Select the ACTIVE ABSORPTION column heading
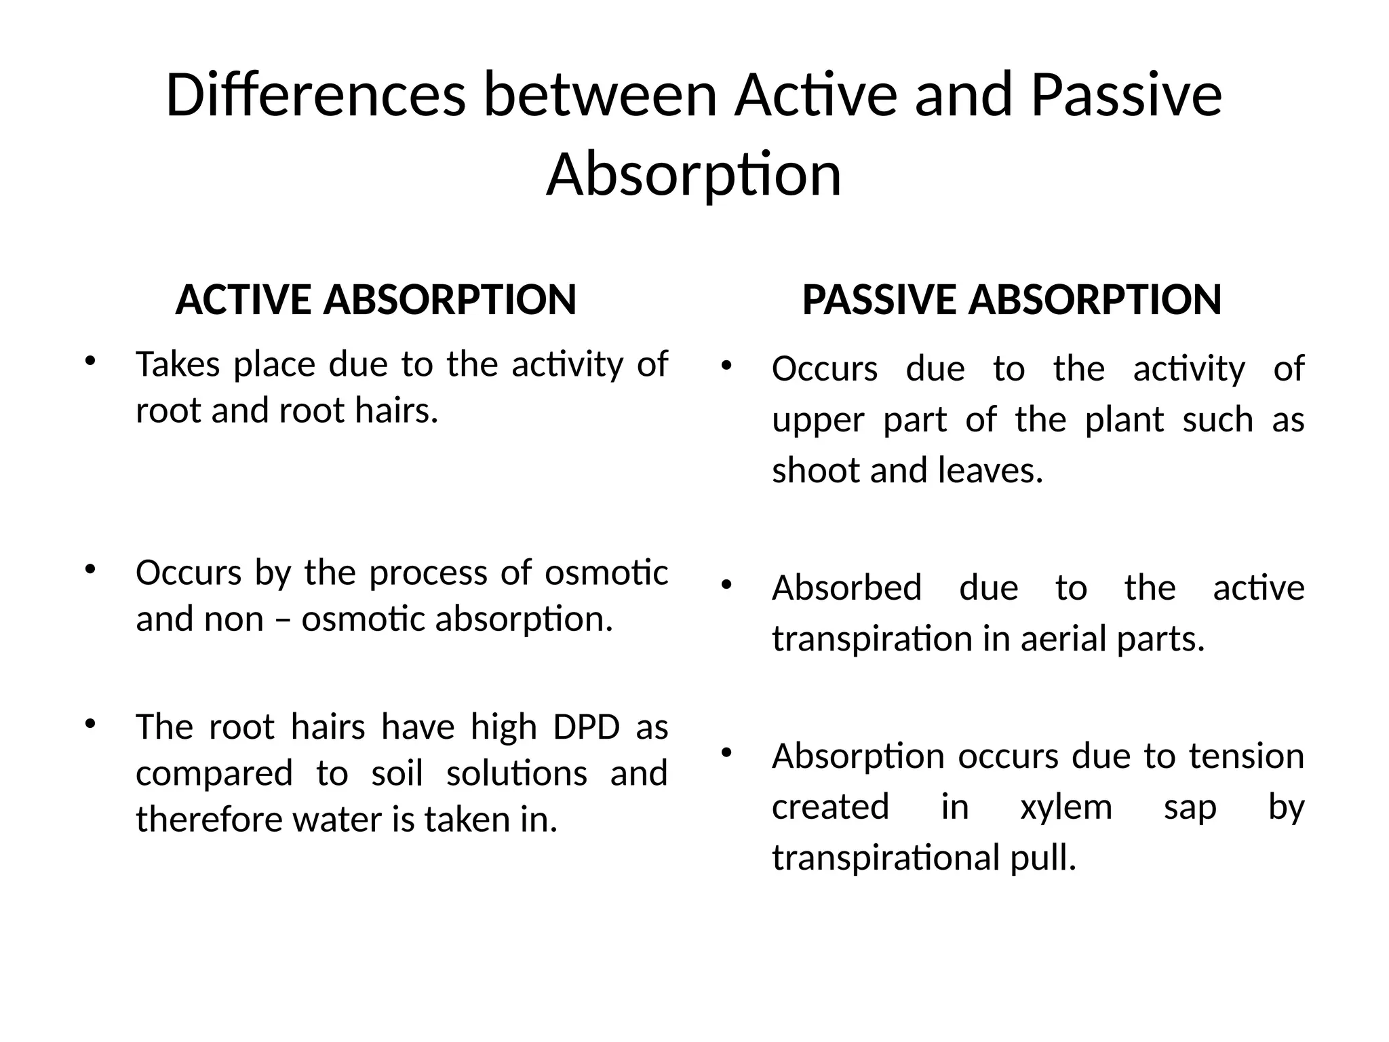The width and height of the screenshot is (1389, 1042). coord(376,300)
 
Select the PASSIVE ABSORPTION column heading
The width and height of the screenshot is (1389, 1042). coord(1011,300)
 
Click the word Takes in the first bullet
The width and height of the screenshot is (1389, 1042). coord(178,364)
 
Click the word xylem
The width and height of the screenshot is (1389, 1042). coord(1066,807)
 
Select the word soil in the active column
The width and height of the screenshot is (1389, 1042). coord(397,773)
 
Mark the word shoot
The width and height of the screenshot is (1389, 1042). coord(816,470)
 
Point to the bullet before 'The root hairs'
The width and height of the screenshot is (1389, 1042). coord(89,723)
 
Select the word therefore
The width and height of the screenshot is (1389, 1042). coord(208,819)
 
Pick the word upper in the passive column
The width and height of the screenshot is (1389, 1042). coord(818,421)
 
